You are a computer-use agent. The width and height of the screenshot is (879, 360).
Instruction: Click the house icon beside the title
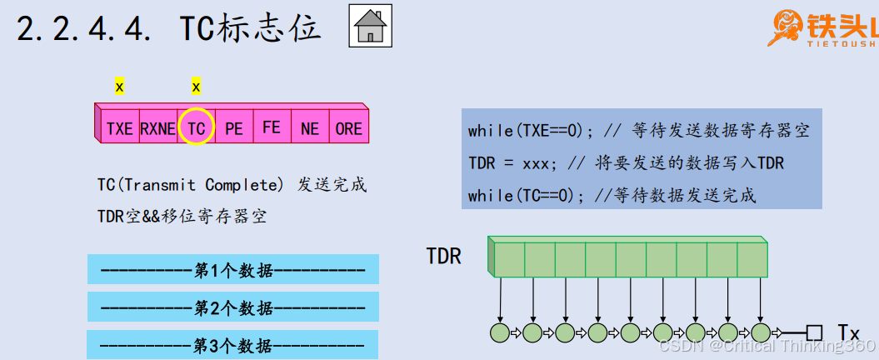coord(369,27)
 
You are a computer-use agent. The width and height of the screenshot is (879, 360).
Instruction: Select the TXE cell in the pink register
coord(120,128)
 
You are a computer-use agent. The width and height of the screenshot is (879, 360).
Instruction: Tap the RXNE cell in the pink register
coord(157,128)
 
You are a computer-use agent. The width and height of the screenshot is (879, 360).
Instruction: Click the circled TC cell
coord(196,128)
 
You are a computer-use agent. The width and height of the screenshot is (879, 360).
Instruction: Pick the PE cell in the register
coord(234,128)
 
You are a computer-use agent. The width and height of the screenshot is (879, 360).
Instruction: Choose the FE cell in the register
coord(272,127)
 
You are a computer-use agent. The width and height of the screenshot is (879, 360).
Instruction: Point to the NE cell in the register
coord(310,128)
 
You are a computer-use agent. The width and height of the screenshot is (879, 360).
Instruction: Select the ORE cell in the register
coord(348,128)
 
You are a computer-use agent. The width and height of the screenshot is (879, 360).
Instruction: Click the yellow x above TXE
coord(119,86)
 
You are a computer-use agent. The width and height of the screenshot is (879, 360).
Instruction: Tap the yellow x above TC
coord(196,86)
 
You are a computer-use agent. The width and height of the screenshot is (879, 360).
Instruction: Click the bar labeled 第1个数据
coord(233,270)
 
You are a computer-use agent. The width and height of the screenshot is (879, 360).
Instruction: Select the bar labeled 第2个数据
coord(233,307)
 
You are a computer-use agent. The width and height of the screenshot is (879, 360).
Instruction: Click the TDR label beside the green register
coord(443,256)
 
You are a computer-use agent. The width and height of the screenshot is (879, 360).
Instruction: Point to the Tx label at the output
coord(848,333)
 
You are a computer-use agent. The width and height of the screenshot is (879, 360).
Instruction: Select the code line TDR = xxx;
coord(509,163)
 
